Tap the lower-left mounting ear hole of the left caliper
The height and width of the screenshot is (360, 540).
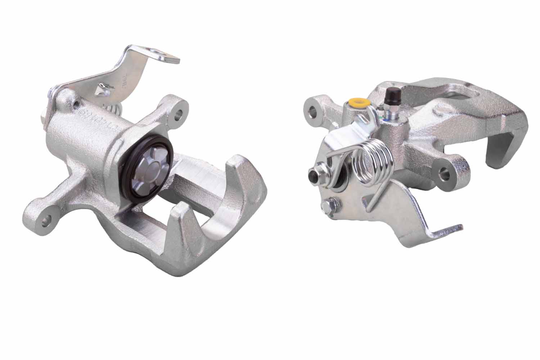point(46,221)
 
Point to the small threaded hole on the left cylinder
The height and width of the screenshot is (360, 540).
point(76,104)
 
